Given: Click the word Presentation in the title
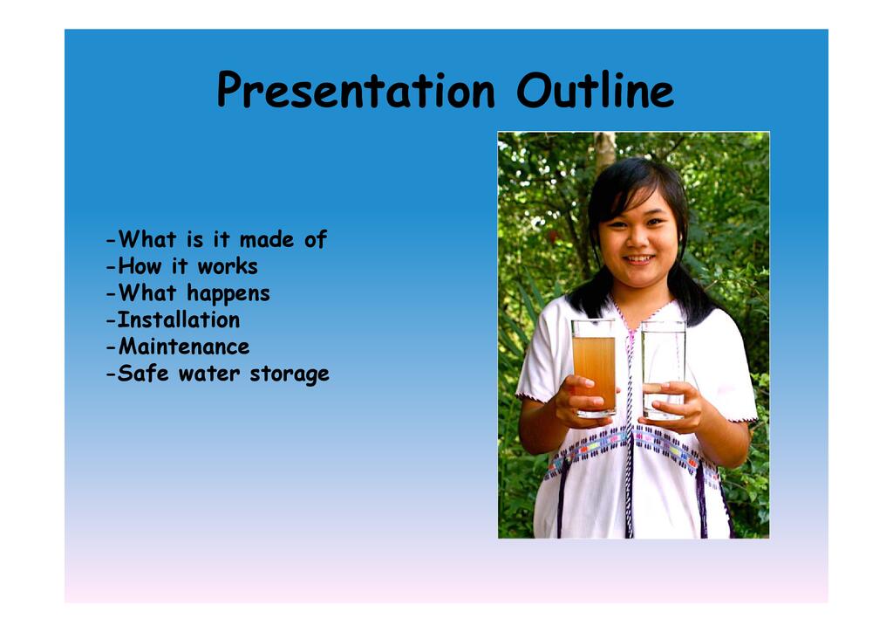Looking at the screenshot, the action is [356, 90].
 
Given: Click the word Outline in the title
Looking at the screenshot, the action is [595, 90].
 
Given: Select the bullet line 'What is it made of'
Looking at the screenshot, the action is [216, 239].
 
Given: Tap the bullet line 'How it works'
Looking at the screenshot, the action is [182, 266].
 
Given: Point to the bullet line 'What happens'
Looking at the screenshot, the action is [188, 293].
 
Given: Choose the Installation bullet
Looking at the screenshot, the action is [174, 319].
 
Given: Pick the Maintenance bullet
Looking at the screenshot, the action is [178, 347].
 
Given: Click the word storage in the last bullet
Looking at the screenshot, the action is [290, 374].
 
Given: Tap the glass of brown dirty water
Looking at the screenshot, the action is [593, 368].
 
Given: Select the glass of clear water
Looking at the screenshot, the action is [664, 370].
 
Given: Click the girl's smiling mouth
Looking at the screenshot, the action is [639, 259].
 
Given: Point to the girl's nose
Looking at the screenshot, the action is [637, 240].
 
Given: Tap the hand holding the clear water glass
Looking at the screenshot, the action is [674, 407].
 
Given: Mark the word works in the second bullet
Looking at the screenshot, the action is [228, 266].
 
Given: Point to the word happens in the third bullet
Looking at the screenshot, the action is [228, 295].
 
